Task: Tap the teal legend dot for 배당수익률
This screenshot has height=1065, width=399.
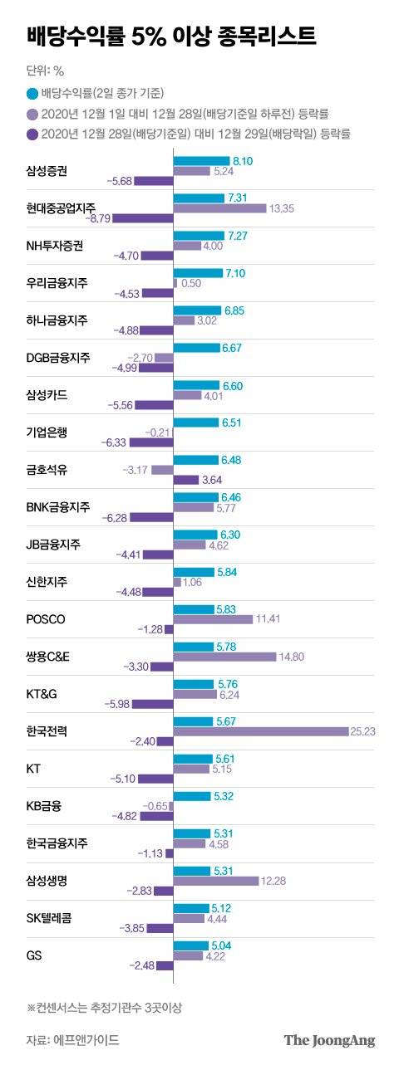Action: [x=32, y=92]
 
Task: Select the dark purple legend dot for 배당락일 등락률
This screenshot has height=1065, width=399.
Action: [x=32, y=132]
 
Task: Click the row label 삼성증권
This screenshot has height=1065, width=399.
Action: [x=47, y=171]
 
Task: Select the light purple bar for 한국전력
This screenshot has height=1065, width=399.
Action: [x=260, y=731]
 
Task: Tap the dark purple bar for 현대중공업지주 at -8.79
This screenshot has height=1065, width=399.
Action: [x=143, y=218]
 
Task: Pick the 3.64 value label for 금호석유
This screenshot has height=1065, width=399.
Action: [x=213, y=480]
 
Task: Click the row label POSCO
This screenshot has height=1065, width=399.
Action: [x=47, y=619]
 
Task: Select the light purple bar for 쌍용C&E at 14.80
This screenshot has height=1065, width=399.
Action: [x=224, y=657]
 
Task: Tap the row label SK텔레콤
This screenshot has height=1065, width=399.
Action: [x=52, y=918]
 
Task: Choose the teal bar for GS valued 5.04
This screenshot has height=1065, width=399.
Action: [x=190, y=945]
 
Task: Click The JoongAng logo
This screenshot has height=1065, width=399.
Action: [x=329, y=1039]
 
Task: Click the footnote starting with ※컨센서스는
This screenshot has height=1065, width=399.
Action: [x=104, y=1008]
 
